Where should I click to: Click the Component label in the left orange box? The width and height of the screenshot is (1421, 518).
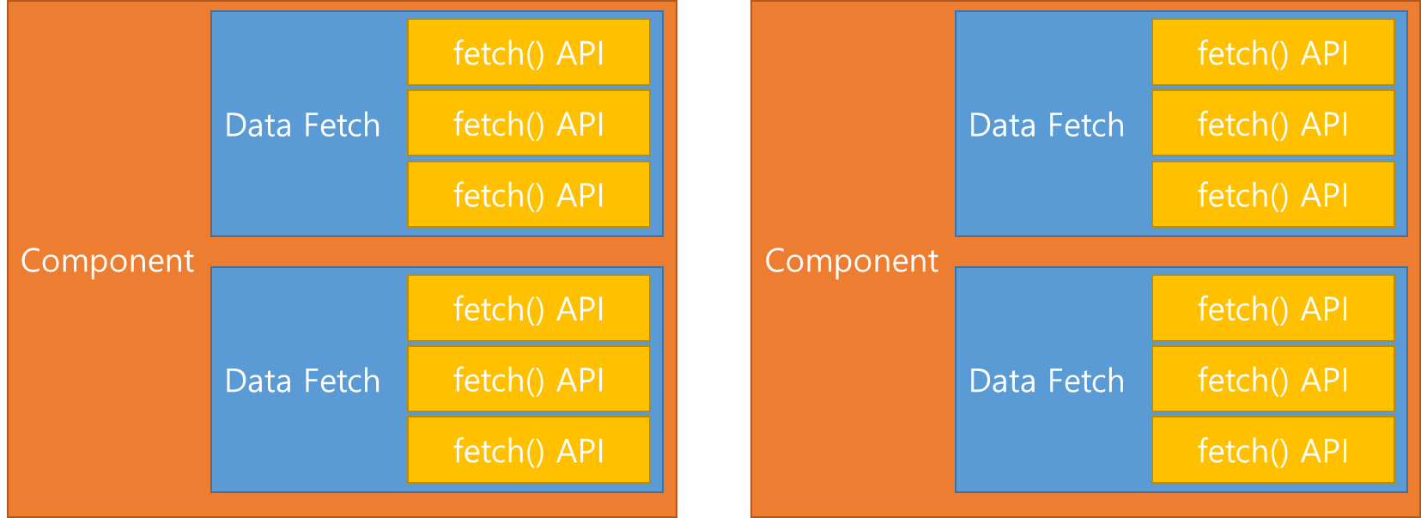coord(107,260)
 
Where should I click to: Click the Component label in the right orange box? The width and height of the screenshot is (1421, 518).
coord(852,260)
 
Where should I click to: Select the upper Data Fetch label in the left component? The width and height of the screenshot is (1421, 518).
coord(302,125)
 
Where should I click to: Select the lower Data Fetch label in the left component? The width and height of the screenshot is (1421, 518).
coord(302,381)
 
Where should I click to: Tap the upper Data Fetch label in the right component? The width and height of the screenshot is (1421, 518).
coord(1047,125)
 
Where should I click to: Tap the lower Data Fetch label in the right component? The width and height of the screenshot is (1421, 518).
coord(1047,381)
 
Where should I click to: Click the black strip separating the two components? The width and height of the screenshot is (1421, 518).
coord(714,259)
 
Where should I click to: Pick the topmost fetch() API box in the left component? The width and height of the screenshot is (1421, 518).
coord(528,52)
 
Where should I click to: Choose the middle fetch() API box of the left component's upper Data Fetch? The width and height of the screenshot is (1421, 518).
coord(528,124)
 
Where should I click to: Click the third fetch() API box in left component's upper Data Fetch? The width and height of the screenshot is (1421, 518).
coord(528,195)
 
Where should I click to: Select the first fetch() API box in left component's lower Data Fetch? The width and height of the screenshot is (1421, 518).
coord(528,308)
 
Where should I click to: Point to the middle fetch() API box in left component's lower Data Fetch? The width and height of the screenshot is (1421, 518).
coord(528,380)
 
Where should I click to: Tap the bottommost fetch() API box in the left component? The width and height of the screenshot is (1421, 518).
coord(528,450)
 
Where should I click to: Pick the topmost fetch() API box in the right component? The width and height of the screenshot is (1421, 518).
coord(1272,52)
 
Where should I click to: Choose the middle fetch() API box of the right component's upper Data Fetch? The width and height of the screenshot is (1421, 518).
coord(1272,124)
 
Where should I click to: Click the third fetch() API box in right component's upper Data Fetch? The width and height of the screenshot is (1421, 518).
coord(1272,195)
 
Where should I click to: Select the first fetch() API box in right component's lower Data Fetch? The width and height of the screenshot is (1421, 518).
coord(1272,308)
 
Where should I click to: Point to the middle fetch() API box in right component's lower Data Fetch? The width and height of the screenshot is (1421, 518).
coord(1272,380)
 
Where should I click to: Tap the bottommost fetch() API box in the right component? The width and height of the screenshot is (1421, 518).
coord(1272,450)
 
